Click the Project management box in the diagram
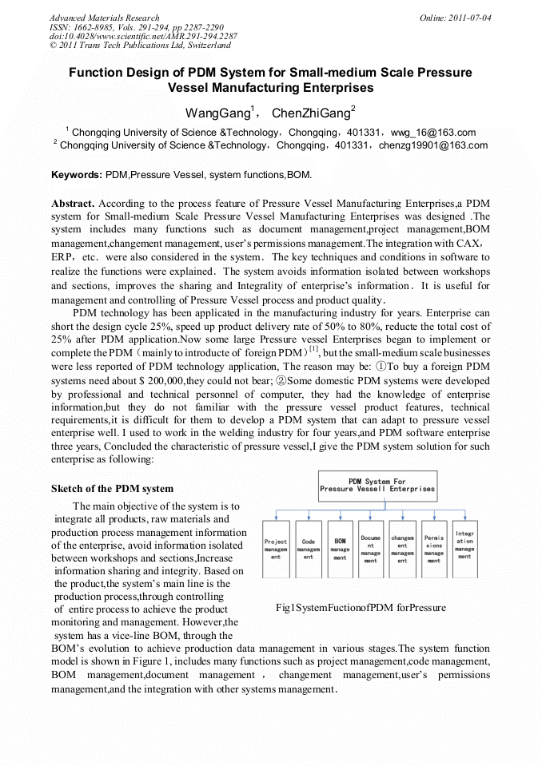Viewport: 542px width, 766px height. (x=275, y=549)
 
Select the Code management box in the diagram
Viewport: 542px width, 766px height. (x=308, y=549)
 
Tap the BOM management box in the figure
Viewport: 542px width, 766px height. (x=340, y=549)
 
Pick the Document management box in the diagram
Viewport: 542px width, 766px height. (x=371, y=549)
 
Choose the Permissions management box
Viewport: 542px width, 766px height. (x=434, y=549)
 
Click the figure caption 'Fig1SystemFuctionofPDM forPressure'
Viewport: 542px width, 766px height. (x=361, y=609)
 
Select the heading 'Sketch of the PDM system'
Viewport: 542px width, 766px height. (x=112, y=488)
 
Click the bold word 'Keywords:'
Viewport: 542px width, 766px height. (x=77, y=174)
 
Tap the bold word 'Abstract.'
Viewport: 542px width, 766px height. (x=74, y=204)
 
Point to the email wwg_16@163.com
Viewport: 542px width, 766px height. (x=436, y=133)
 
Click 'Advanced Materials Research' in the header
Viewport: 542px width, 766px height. (x=104, y=18)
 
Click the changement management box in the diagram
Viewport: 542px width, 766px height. (x=402, y=549)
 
